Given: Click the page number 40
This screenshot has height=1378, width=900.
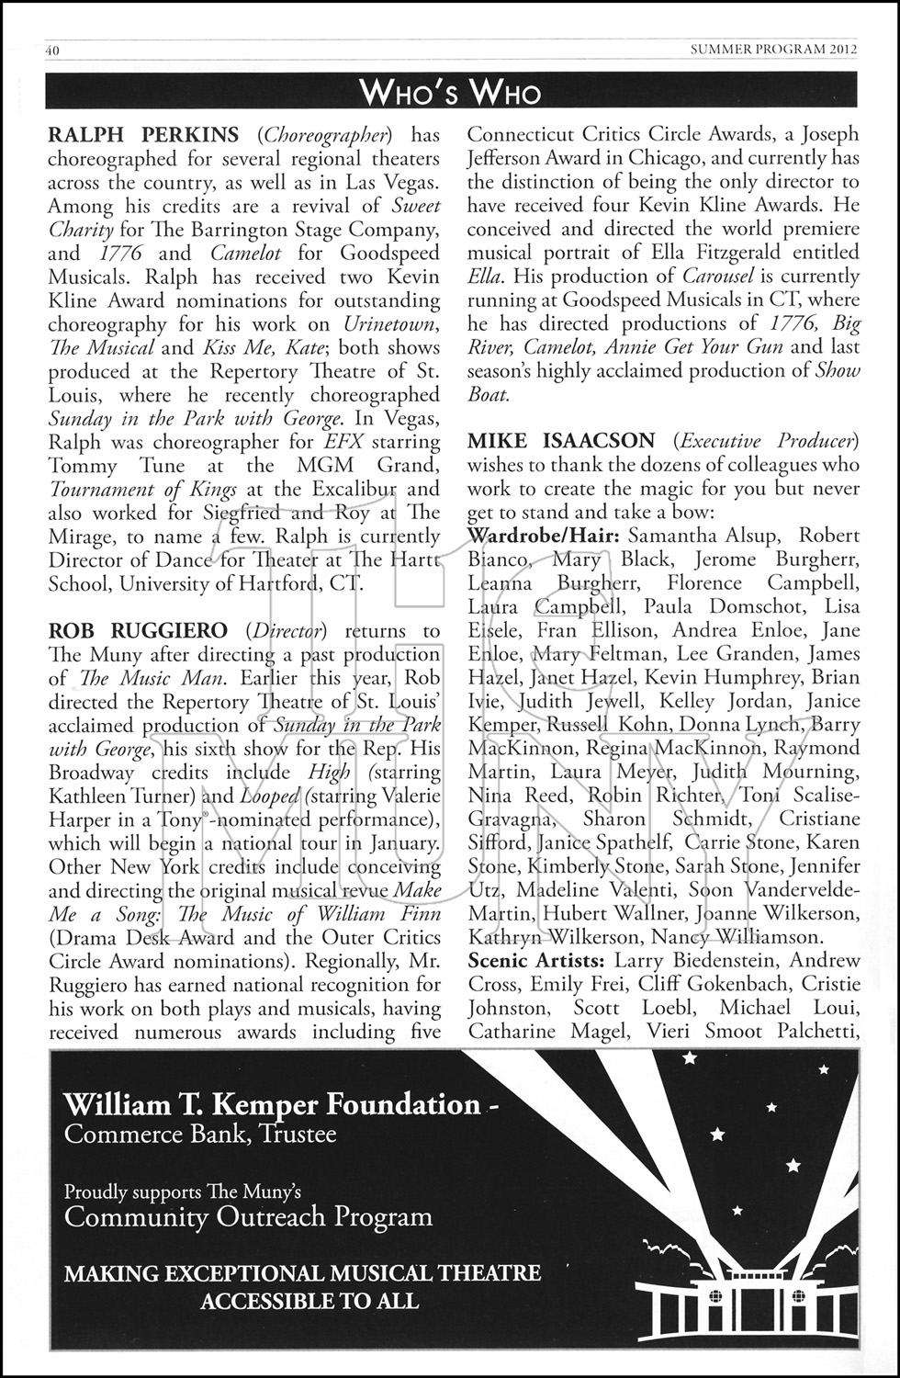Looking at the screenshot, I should (x=52, y=51).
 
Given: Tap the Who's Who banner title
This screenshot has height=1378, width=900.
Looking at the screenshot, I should (x=450, y=91).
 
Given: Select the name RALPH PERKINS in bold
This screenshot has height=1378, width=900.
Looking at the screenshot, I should (x=143, y=135).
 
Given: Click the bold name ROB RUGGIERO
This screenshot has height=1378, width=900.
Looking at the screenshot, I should (x=138, y=630).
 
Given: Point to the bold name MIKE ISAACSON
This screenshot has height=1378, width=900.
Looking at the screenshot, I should (x=561, y=441).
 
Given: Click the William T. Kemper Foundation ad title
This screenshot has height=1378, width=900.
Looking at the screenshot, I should (x=272, y=1104).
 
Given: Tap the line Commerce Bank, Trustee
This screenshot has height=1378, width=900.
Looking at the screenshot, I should (x=200, y=1134).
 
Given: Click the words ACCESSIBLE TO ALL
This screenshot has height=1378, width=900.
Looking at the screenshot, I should (x=309, y=1301).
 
